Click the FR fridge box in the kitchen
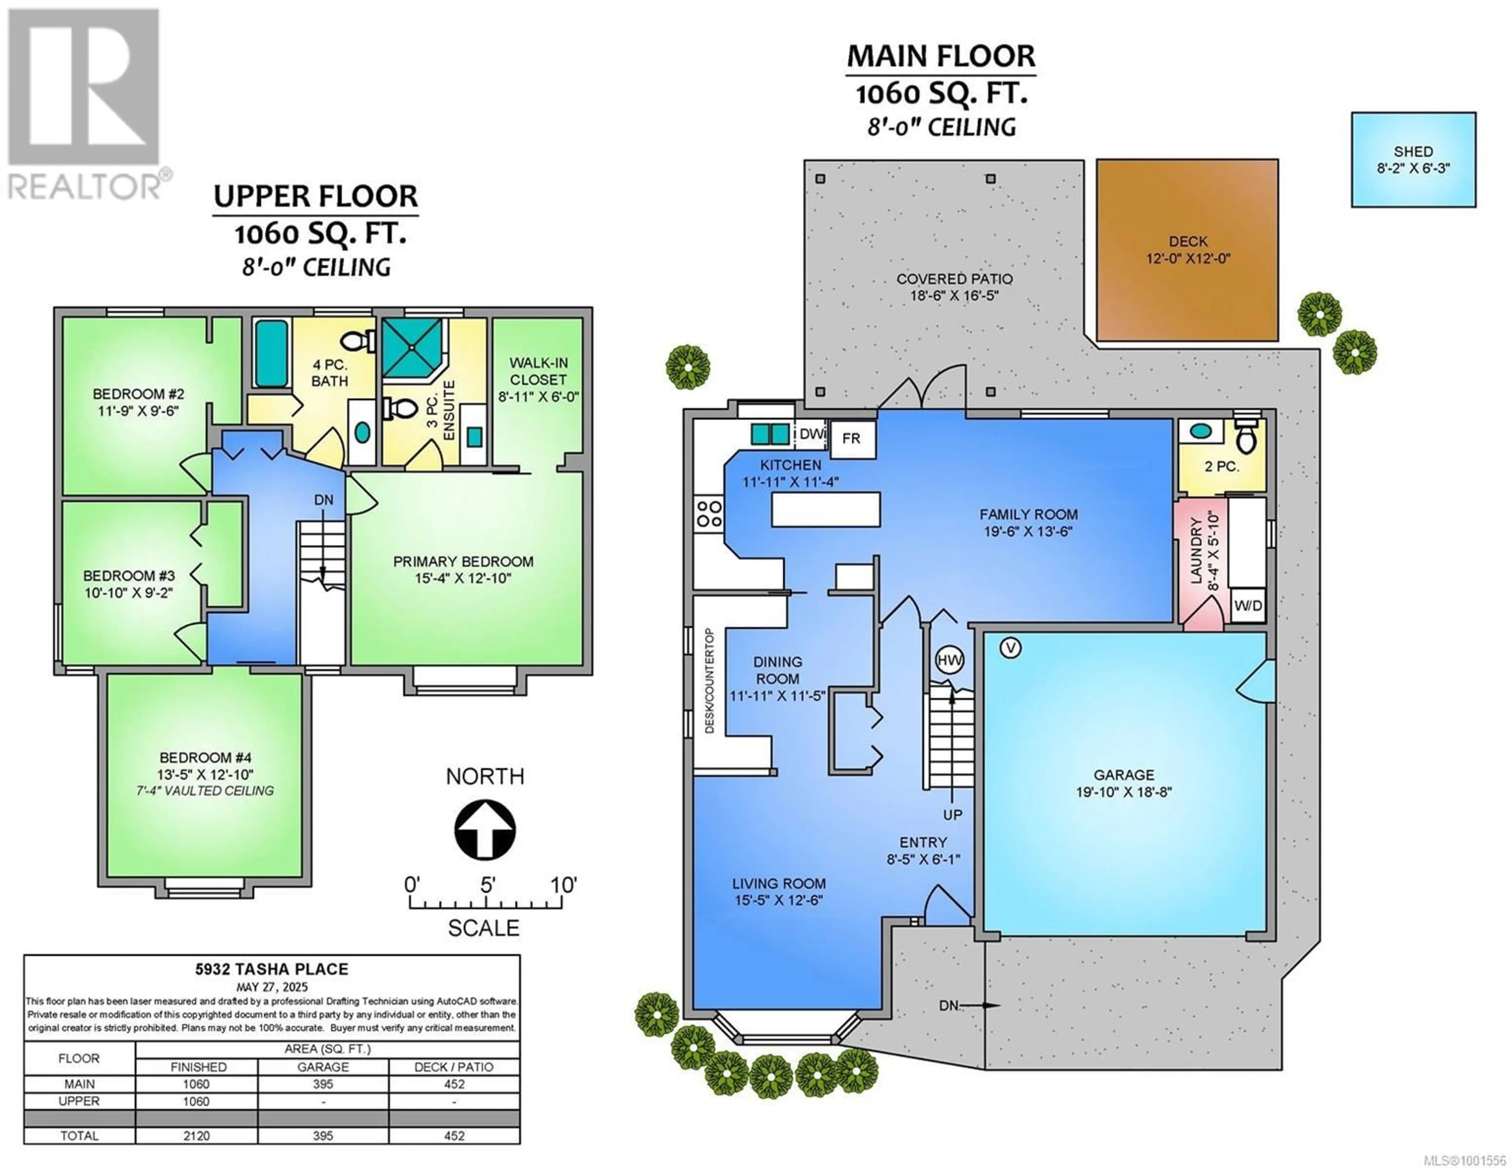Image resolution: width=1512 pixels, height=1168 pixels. (852, 439)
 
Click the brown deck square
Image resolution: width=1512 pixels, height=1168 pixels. (1187, 250)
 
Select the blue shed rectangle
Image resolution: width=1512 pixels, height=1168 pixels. (1414, 160)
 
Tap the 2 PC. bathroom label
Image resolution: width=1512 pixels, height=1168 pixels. (1222, 466)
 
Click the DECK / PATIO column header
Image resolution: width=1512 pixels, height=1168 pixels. (454, 1067)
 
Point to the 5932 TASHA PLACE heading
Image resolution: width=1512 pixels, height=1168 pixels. (271, 969)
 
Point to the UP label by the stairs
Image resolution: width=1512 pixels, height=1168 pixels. (952, 815)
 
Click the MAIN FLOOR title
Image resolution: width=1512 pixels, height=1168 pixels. (941, 56)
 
